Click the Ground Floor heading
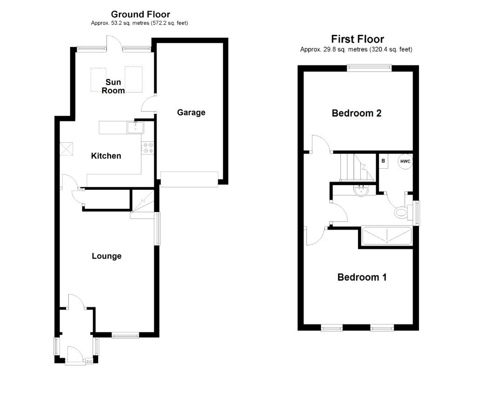140,14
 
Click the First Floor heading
357,39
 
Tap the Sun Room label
113,86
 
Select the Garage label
191,113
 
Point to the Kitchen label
106,156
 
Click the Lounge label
106,256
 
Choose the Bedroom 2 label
356,113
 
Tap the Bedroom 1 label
362,277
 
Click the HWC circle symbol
405,161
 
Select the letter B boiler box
384,161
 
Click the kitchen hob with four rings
148,147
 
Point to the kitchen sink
135,127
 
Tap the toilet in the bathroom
401,212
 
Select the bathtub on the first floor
386,236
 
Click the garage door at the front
189,179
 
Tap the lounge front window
125,335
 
